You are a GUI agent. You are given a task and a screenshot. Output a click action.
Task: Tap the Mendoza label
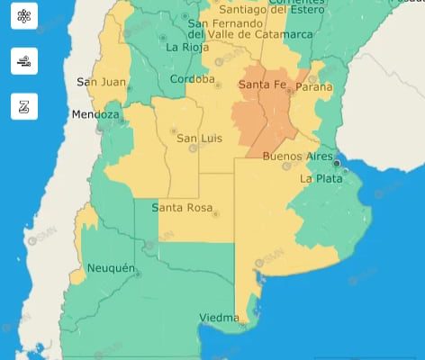tap(95, 115)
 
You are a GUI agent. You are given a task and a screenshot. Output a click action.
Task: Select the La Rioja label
tap(187, 47)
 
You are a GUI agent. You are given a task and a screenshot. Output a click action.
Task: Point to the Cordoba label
tap(191, 79)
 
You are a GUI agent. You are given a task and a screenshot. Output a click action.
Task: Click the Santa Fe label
tap(263, 85)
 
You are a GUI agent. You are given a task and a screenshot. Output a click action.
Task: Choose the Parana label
tap(313, 87)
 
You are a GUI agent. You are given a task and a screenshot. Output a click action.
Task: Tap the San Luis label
tap(198, 139)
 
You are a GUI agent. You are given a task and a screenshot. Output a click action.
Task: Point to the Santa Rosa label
tap(181, 208)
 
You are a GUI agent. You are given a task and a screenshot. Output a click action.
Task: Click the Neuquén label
tap(111, 268)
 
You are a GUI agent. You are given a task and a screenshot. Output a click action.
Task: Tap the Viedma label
tap(219, 318)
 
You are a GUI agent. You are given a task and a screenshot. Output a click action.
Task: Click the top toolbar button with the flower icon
tap(24, 17)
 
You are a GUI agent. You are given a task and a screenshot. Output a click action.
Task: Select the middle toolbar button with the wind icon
tap(24, 61)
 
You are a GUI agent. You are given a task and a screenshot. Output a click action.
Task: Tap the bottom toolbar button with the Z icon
tap(24, 106)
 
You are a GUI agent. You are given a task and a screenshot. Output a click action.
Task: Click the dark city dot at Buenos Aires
tap(337, 164)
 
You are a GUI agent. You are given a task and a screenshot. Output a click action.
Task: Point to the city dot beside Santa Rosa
tap(214, 213)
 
